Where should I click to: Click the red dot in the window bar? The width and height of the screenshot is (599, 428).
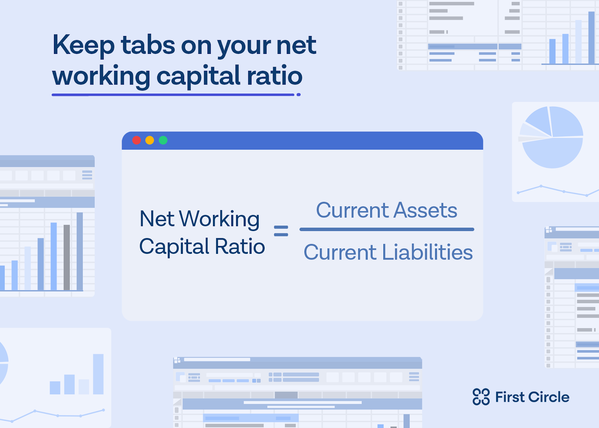click(137, 140)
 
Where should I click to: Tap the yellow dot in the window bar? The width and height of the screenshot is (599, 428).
click(150, 140)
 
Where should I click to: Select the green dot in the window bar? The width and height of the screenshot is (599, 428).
click(163, 140)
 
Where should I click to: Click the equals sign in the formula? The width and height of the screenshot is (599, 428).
click(281, 231)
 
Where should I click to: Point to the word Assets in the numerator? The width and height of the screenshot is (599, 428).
click(425, 210)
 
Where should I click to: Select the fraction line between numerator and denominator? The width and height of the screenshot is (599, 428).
click(387, 229)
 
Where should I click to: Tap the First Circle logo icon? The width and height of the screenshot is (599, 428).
click(481, 397)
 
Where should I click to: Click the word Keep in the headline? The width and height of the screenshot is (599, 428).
click(84, 45)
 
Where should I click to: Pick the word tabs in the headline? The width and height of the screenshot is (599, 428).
click(148, 45)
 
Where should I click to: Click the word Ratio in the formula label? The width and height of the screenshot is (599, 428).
click(240, 246)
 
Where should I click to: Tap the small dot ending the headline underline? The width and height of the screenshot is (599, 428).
click(299, 95)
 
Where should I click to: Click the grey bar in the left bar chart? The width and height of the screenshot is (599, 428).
click(67, 257)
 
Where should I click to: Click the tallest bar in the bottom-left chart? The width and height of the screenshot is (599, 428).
click(98, 374)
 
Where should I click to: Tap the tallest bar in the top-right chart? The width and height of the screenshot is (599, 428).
click(591, 38)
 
